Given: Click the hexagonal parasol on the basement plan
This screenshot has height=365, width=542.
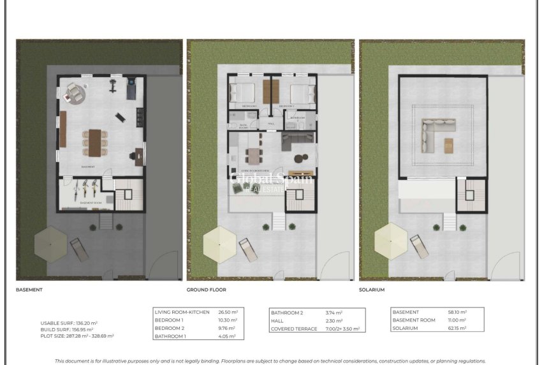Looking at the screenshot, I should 50,245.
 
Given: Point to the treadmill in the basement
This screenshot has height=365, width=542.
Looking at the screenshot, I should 131,88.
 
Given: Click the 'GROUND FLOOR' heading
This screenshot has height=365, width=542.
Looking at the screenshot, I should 206,290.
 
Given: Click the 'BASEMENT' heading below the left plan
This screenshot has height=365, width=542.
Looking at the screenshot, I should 29,290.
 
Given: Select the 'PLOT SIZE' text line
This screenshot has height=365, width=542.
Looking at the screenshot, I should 77,335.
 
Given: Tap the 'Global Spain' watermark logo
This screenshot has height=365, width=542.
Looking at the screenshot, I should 271,180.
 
